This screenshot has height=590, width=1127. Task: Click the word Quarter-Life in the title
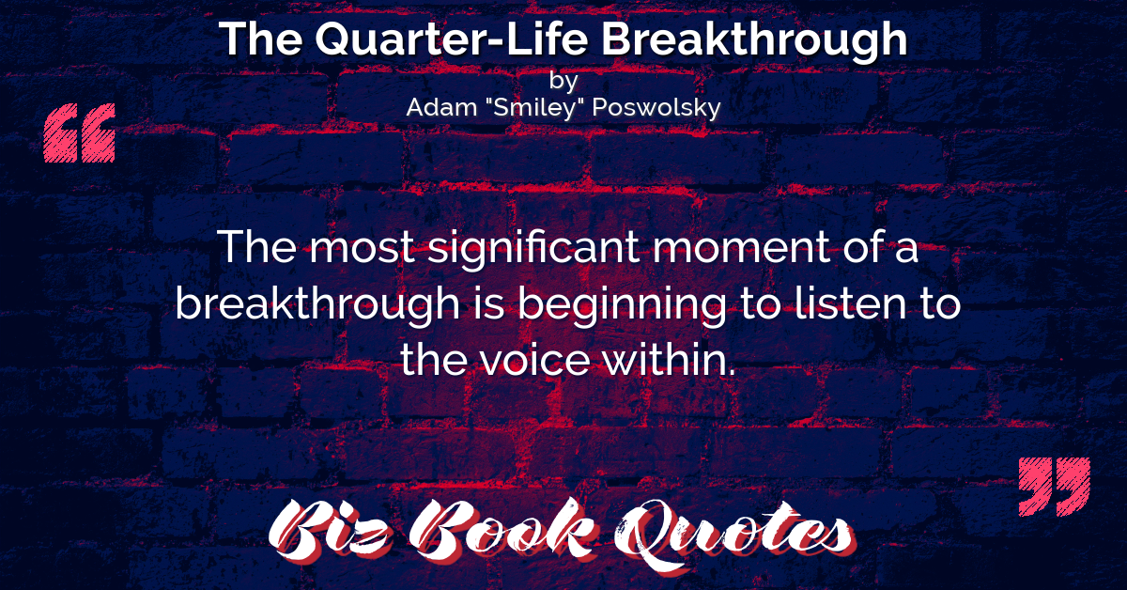(x=452, y=39)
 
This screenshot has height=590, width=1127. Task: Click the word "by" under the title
(x=563, y=82)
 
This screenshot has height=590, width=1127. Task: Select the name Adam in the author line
(x=441, y=107)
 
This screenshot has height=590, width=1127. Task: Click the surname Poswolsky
(x=656, y=108)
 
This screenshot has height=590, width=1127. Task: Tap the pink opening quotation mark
(x=80, y=132)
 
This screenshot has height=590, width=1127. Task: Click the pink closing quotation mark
(x=1055, y=487)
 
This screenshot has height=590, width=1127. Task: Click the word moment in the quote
(x=741, y=249)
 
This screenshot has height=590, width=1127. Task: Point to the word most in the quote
(x=362, y=249)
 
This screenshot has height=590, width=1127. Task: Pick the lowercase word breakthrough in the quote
(x=317, y=305)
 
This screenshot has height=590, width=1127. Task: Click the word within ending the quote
(x=669, y=360)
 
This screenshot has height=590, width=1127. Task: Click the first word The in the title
(x=261, y=39)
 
